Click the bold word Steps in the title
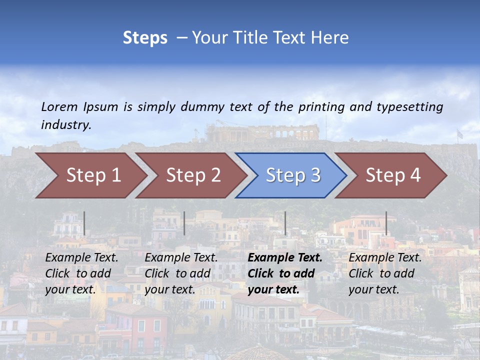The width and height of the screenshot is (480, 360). [x=145, y=38]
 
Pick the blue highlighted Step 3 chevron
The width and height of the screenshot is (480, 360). [x=293, y=175]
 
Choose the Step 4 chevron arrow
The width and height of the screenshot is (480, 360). [x=393, y=175]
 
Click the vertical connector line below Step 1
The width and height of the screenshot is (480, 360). [x=84, y=223]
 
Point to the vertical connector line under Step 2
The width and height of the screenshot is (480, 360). [x=184, y=223]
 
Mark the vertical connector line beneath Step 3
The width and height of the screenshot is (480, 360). [x=285, y=223]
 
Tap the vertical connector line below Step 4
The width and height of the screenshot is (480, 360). [x=386, y=223]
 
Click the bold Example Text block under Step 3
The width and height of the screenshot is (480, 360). [x=285, y=273]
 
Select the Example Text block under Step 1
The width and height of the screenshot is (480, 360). [x=81, y=273]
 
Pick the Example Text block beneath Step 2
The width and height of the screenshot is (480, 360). [x=181, y=273]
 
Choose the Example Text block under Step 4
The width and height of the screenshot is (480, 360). [x=385, y=273]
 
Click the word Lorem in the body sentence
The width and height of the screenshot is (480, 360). [x=59, y=106]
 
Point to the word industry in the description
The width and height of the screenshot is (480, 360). [x=65, y=124]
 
